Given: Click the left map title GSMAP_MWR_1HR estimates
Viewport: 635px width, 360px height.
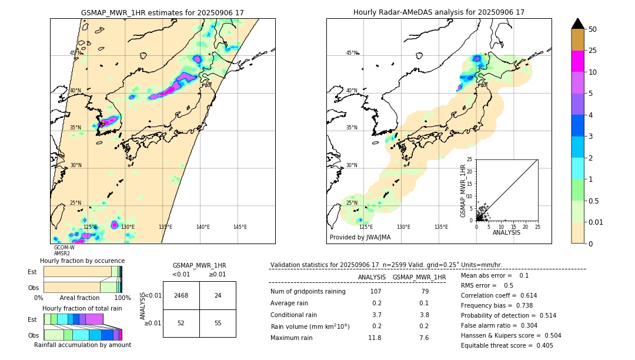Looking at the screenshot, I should coord(162,12).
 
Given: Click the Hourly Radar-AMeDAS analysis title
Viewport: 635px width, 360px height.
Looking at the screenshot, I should coord(439,12).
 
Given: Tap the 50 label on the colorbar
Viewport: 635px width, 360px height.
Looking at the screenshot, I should coord(593,29).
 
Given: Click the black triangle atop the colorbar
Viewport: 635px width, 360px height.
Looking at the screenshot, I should coord(577,24).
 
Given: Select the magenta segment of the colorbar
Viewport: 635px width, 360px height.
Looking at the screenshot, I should coord(577,61).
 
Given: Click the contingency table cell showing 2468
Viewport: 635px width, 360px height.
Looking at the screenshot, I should coord(181,295).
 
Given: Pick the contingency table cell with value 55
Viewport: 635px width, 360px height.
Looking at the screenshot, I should coord(218,324).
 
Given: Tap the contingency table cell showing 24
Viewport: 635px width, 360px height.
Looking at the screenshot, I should coord(218,295).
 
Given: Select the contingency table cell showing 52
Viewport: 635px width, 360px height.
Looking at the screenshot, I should coord(181,324).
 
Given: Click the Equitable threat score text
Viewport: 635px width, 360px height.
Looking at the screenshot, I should coord(507,345).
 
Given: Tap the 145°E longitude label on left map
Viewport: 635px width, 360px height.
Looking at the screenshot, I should coord(240,227).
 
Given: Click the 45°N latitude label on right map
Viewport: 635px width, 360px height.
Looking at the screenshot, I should coord(352,53).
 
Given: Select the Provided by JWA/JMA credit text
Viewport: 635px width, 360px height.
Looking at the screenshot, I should coord(360,237).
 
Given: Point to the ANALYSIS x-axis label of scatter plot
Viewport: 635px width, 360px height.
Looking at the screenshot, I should coord(506,232).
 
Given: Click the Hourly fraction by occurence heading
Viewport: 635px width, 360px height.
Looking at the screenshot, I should coord(82,261).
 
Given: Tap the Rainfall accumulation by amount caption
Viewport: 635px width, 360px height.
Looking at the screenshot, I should coord(82,345).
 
